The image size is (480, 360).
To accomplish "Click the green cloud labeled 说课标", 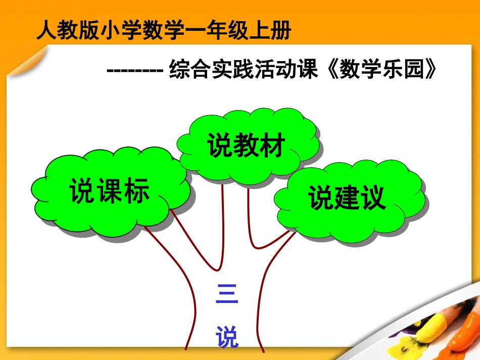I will pyautogui.click(x=109, y=194).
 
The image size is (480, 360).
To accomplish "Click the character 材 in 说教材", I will pyautogui.click(x=273, y=146).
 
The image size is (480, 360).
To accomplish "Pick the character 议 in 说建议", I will pyautogui.click(x=373, y=198).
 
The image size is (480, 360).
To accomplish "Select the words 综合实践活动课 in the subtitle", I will pyautogui.click(x=244, y=70).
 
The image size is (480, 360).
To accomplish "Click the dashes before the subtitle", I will pyautogui.click(x=134, y=70).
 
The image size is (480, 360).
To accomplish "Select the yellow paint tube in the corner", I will pyautogui.click(x=431, y=329).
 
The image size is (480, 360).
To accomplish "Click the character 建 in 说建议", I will pyautogui.click(x=348, y=198).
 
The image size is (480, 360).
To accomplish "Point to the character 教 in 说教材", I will pyautogui.click(x=247, y=146).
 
